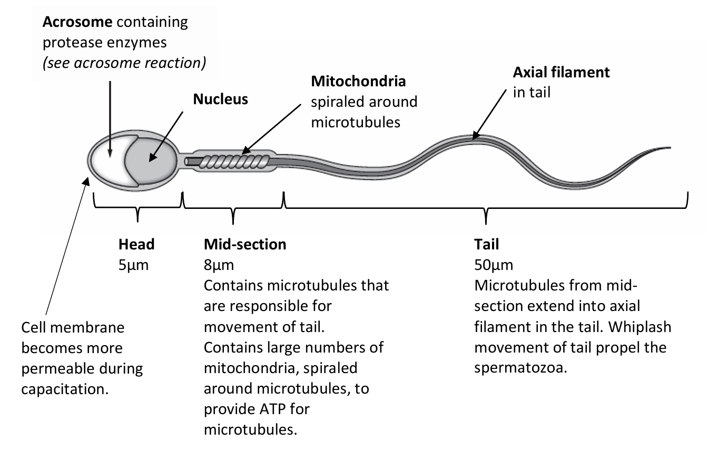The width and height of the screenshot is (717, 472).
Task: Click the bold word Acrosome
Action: point(77,22)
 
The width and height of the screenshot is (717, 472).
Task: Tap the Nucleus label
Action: point(220,99)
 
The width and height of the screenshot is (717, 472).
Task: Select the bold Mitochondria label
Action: point(358,82)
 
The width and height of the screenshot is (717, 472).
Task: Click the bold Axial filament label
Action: point(561,72)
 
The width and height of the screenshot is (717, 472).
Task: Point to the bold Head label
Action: point(136,244)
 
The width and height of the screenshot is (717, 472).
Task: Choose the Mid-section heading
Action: point(245,244)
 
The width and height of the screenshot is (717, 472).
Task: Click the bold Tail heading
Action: point(486,244)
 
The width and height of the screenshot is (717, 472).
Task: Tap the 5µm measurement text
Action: point(133,265)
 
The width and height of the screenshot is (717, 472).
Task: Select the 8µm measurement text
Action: point(219,265)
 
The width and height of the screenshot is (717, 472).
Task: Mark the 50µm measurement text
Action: point(494,265)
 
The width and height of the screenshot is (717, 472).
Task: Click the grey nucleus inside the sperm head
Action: point(153,158)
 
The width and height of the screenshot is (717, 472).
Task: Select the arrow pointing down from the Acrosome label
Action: point(110,116)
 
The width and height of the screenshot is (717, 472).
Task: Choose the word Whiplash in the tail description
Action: point(640,327)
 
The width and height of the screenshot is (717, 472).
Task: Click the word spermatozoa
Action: point(520,368)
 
